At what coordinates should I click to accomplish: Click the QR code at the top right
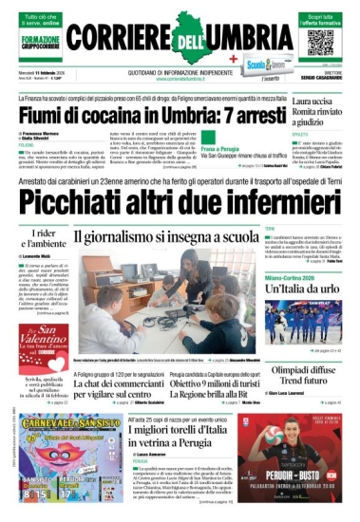[320, 41]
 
